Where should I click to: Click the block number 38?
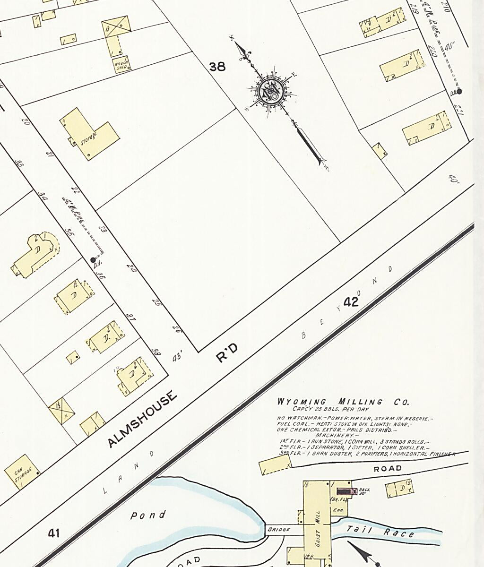tap(217, 67)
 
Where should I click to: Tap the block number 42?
tap(351, 302)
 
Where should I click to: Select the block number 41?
tap(54, 533)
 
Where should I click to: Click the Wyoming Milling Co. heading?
tap(343, 403)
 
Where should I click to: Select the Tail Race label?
tap(380, 532)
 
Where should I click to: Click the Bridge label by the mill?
tap(278, 530)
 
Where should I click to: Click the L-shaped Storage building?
tap(90, 134)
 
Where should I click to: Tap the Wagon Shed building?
tap(121, 64)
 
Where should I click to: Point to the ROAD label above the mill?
tap(388, 469)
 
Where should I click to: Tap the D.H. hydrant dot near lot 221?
tap(459, 92)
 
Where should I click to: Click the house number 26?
tap(177, 329)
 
